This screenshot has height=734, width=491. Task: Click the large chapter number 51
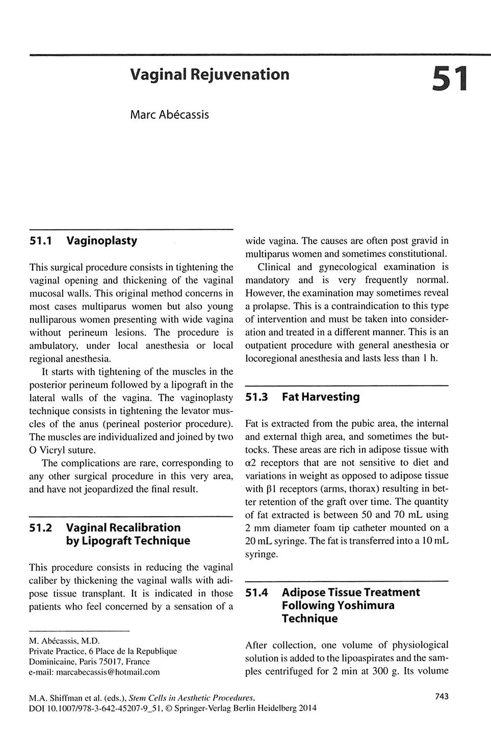click(449, 80)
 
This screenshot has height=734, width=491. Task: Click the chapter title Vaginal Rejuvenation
click(210, 74)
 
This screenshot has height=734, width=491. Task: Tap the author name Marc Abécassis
click(169, 114)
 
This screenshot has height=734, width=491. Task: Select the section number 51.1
click(41, 241)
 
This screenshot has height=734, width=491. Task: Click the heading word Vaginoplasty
click(101, 241)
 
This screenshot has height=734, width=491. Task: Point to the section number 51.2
click(41, 528)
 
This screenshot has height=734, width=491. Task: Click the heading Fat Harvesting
click(320, 397)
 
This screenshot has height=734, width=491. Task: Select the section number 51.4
click(256, 592)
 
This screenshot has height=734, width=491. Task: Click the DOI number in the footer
click(96, 708)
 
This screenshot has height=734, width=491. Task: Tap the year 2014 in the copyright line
click(307, 708)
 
